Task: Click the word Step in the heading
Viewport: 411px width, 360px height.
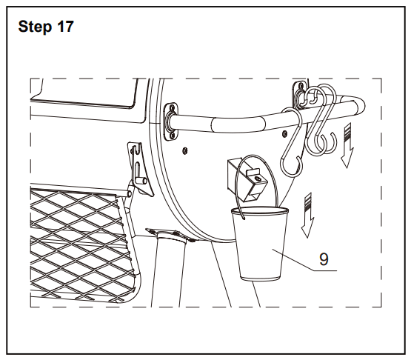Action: [35, 27]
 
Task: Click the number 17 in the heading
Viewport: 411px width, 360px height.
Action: [65, 27]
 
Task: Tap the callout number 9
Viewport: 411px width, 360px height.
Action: [324, 259]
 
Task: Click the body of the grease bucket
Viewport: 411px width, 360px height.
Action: [259, 244]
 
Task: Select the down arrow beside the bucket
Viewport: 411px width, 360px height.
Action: [307, 216]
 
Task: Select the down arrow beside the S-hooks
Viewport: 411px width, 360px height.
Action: [347, 145]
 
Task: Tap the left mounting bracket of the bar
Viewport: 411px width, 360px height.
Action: [171, 121]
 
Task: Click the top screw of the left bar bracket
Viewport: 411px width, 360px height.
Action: [172, 107]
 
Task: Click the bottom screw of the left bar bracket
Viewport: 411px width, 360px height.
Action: [173, 136]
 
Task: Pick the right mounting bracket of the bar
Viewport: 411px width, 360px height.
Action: [300, 95]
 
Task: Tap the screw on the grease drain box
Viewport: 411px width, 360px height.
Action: [258, 179]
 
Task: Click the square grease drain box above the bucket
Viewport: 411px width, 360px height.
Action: [247, 179]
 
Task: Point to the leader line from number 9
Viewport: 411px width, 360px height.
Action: [304, 260]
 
